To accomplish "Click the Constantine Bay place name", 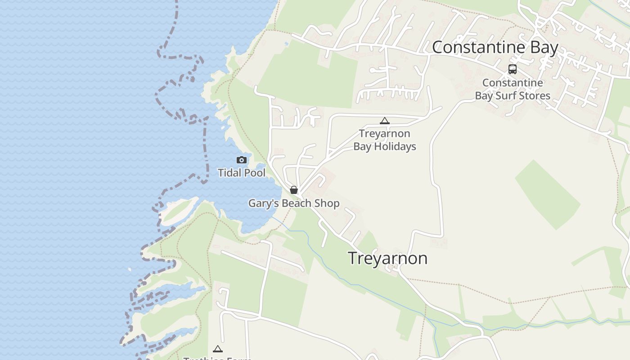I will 495,47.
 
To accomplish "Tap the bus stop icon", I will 513,69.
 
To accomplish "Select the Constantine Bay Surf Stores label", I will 513,89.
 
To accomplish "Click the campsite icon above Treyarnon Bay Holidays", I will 384,121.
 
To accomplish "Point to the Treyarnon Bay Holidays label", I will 384,140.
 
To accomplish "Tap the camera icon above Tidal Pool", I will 242,160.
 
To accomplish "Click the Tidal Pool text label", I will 242,173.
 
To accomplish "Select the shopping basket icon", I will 294,190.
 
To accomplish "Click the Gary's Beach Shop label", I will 294,203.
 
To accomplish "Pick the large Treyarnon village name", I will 387,258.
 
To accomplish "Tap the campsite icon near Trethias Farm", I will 218,349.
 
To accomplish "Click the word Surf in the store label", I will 506,96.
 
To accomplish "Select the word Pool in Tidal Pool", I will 255,173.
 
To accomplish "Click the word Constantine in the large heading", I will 475,47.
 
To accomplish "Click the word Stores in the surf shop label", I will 535,96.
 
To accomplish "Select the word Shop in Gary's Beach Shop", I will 327,203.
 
